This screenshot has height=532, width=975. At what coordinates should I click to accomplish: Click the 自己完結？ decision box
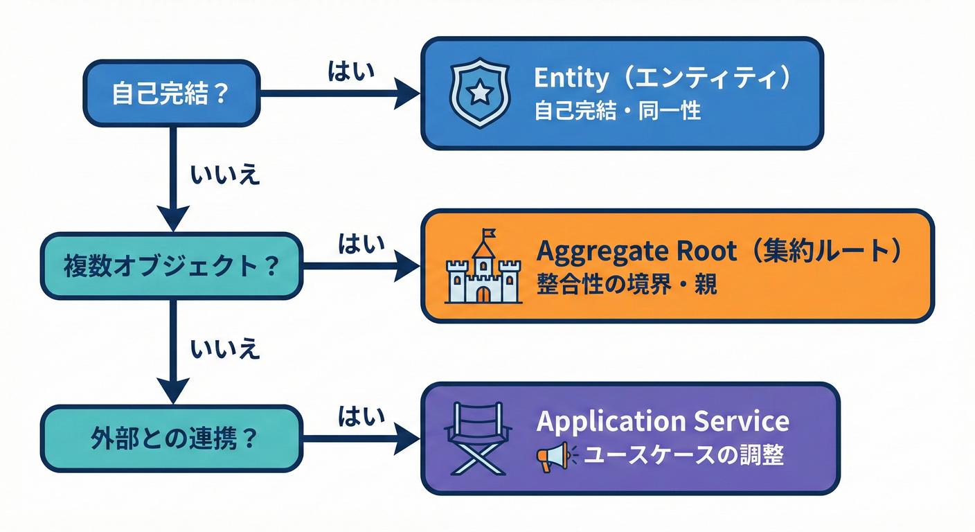[171, 94]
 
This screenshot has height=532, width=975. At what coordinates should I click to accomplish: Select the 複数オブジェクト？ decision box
[171, 266]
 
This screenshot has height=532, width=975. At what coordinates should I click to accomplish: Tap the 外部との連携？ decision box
[171, 438]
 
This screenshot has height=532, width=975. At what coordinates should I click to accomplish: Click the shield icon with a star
[479, 94]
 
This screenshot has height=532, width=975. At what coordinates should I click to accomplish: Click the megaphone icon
[552, 456]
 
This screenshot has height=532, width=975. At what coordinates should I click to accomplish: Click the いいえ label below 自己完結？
[225, 175]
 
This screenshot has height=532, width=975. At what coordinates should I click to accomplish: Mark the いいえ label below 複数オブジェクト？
[225, 348]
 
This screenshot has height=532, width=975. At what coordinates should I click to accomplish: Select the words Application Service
[663, 421]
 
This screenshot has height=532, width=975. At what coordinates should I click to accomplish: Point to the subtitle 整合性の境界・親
[627, 285]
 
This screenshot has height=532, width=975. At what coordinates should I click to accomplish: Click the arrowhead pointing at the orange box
[408, 266]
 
